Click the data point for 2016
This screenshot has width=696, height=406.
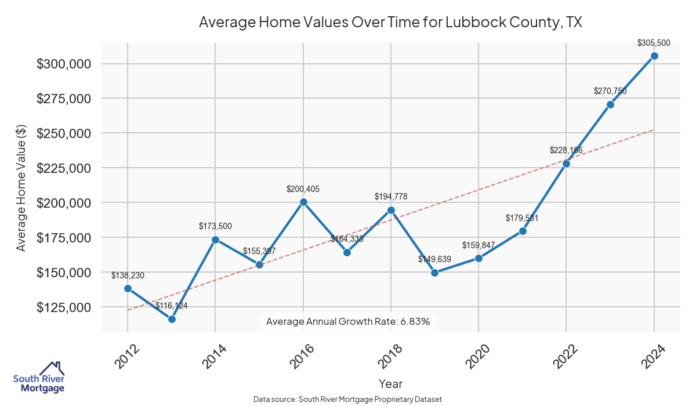303,202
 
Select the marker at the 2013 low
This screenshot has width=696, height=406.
172,319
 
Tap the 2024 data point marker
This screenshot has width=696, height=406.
654,56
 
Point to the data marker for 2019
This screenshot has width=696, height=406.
435,273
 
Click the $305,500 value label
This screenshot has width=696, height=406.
654,43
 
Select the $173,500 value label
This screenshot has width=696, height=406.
215,226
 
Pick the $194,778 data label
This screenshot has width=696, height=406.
391,197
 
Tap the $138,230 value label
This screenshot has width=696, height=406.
128,275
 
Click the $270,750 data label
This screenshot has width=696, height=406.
610,91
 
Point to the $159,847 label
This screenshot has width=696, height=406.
478,245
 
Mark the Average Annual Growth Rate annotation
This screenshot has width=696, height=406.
348,321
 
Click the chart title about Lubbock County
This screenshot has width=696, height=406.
390,23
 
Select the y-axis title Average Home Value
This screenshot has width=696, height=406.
21,188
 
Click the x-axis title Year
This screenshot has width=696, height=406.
390,383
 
